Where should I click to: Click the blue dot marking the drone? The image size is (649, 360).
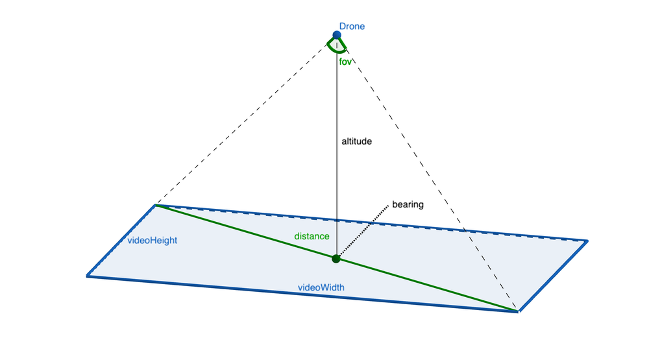tap(336, 35)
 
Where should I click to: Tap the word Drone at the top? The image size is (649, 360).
tap(352, 27)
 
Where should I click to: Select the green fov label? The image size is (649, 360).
tap(345, 62)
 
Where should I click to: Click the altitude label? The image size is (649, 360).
tap(356, 141)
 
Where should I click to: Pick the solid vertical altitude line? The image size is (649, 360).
tap(336, 147)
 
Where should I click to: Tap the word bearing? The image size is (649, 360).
tap(408, 204)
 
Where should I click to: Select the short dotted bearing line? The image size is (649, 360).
tap(363, 231)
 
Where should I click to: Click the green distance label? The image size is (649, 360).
tap(312, 236)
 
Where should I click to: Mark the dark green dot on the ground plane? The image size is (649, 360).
tap(336, 259)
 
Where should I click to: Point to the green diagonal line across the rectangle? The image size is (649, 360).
tap(336, 258)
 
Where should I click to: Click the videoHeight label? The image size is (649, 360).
tap(152, 241)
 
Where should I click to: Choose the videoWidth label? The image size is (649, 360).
tap(321, 287)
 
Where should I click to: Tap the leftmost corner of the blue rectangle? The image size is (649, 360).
tap(88, 276)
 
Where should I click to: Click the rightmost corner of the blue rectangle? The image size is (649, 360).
tap(587, 241)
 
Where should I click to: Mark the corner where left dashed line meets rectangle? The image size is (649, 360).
tap(155, 205)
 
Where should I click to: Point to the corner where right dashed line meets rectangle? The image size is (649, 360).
tap(518, 311)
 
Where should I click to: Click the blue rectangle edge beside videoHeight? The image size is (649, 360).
tap(121, 241)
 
